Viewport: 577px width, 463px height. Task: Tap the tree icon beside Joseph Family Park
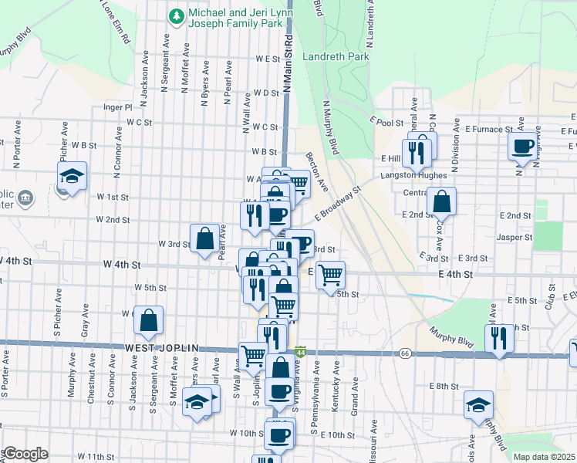(x=177, y=15)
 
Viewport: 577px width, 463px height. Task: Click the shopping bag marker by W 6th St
(x=150, y=320)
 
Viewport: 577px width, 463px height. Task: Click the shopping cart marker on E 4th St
(x=330, y=274)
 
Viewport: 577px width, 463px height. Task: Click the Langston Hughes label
(x=414, y=176)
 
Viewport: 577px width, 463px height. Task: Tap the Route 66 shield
(x=405, y=353)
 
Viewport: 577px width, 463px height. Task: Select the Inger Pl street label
(x=117, y=108)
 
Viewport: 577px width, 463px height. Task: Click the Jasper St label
(x=515, y=238)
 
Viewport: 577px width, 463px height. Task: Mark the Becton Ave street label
(x=317, y=171)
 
